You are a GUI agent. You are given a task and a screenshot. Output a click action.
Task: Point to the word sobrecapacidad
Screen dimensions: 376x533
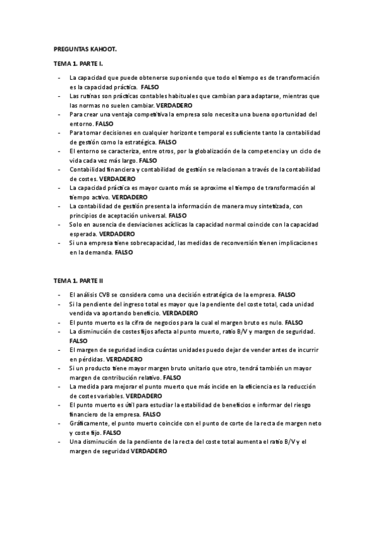click(x=150, y=243)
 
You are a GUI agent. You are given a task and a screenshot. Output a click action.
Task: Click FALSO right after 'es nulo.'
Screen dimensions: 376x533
click(x=293, y=322)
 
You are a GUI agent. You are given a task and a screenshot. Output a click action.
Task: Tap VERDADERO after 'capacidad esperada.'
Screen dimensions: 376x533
click(x=117, y=233)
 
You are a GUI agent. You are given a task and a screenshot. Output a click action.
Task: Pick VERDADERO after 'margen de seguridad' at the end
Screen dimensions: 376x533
click(x=149, y=451)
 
